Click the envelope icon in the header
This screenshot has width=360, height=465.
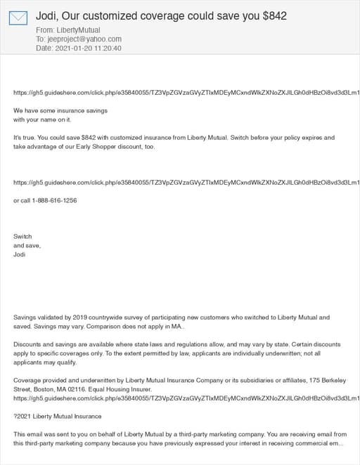coord(18,18)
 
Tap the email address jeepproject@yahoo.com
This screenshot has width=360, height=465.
coord(84,39)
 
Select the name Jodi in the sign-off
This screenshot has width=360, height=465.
coord(20,254)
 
